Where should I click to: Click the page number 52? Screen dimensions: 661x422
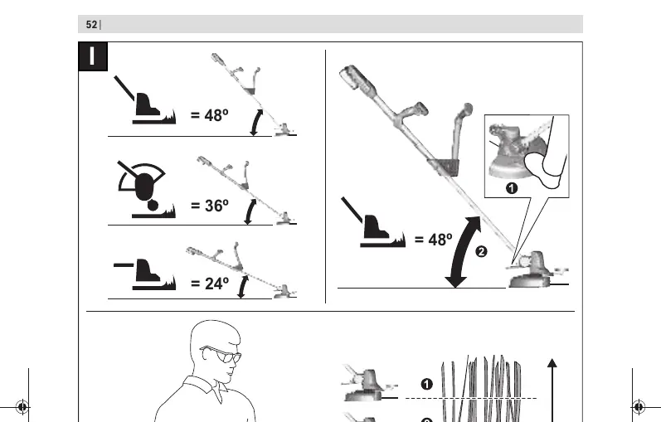click(x=91, y=25)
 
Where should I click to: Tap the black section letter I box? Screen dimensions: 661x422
click(x=93, y=56)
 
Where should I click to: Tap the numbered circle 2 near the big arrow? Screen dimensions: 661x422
click(x=481, y=252)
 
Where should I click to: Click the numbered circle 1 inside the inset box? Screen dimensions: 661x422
click(x=512, y=188)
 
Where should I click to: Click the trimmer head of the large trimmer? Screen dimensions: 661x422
click(x=532, y=270)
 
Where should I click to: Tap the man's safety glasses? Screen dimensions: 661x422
click(x=221, y=355)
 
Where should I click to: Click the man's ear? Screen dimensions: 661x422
click(x=207, y=354)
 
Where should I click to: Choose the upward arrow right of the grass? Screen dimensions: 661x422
click(x=552, y=390)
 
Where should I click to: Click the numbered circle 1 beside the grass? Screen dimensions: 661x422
click(x=426, y=384)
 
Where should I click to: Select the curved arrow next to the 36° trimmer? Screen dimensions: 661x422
click(x=250, y=211)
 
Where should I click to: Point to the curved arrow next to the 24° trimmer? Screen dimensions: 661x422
click(x=242, y=287)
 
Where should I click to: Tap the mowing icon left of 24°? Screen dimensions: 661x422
click(x=144, y=274)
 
